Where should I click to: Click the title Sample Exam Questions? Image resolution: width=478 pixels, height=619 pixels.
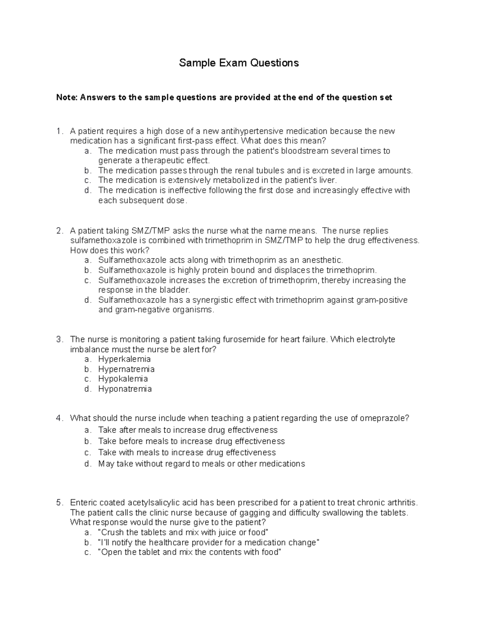[x=239, y=63]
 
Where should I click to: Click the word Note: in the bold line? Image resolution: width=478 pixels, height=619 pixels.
[x=67, y=98]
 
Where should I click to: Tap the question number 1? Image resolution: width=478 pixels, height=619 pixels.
[x=59, y=131]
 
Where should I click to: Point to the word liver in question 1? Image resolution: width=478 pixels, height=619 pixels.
[x=327, y=181]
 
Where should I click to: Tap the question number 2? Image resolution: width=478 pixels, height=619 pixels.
[x=59, y=231]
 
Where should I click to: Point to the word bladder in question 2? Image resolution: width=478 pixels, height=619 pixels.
[x=176, y=290]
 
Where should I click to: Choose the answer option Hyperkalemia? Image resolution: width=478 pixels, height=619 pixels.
[x=124, y=359]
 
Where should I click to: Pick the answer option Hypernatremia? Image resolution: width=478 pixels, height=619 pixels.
[x=126, y=369]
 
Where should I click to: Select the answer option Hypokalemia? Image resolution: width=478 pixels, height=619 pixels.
[x=123, y=379]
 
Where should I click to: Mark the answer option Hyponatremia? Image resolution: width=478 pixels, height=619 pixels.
[x=125, y=389]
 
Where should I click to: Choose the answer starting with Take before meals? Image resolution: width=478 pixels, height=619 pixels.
[x=191, y=441]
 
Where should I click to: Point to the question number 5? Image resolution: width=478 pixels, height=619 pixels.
[x=59, y=503]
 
